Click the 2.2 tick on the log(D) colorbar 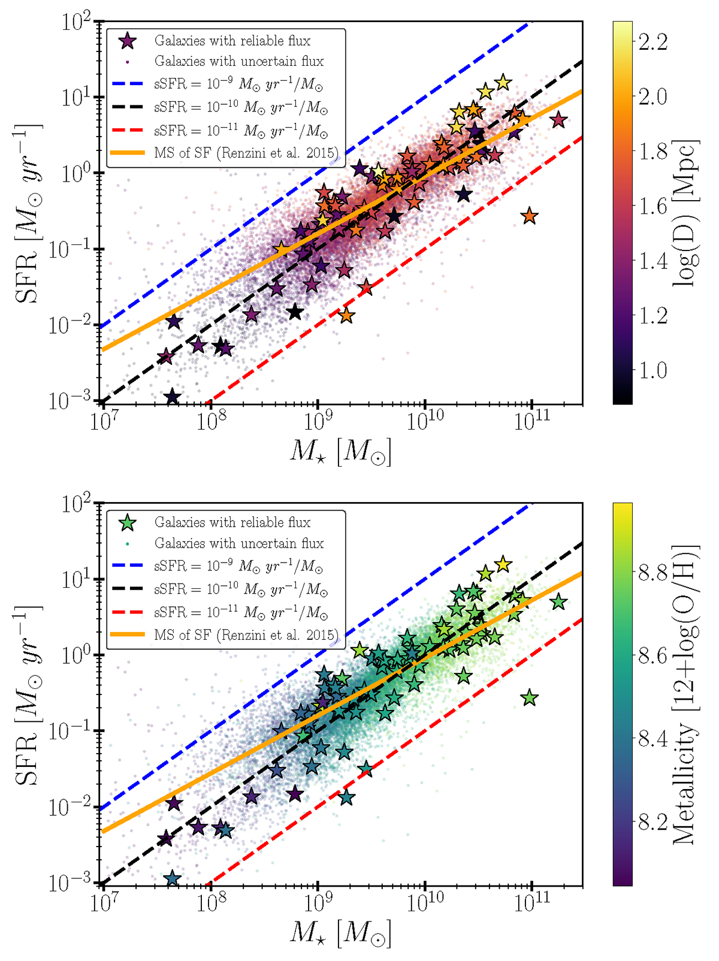(x=652, y=41)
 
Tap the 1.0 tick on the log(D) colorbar (x=652, y=370)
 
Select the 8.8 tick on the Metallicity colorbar (x=652, y=573)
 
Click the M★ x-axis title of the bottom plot (x=340, y=933)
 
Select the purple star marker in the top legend (x=128, y=41)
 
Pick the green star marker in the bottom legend (x=128, y=523)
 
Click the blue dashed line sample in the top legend (x=128, y=84)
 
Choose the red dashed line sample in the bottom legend (x=128, y=612)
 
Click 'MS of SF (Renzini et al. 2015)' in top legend (x=246, y=153)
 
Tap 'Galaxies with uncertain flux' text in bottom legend (x=238, y=543)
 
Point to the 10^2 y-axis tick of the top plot (x=76, y=22)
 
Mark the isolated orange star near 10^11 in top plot (x=529, y=216)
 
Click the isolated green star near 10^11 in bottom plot (x=529, y=697)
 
